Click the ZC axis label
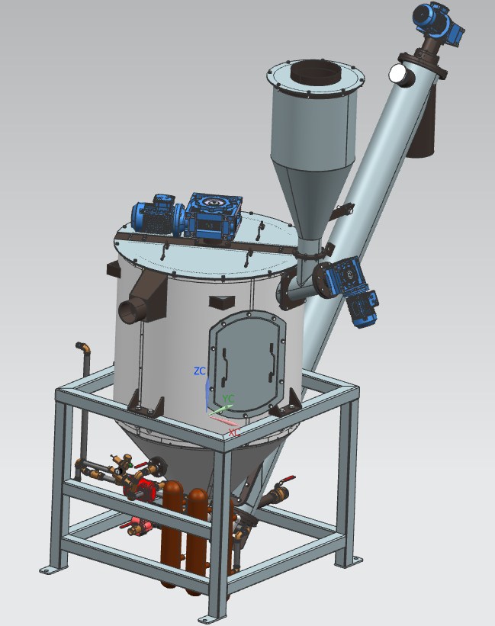pos(200,371)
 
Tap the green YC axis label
pos(228,399)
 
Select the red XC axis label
pos(234,432)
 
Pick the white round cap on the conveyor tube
pos(398,74)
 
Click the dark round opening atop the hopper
pos(315,72)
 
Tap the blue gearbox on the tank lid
pos(213,217)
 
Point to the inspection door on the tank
pos(247,363)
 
